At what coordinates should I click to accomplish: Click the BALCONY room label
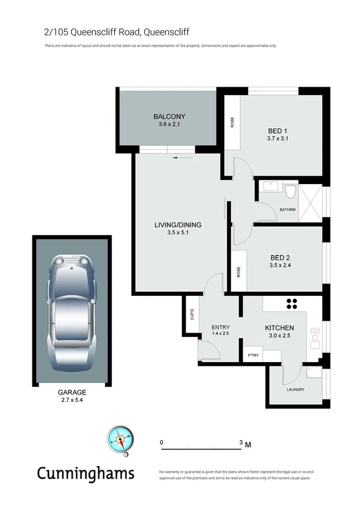pyautogui.click(x=169, y=117)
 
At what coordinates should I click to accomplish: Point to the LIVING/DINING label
pyautogui.click(x=178, y=225)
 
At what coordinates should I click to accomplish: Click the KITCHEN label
pyautogui.click(x=278, y=328)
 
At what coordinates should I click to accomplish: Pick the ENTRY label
pyautogui.click(x=221, y=327)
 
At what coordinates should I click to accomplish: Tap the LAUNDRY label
pyautogui.click(x=295, y=389)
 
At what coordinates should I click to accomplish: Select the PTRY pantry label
pyautogui.click(x=253, y=356)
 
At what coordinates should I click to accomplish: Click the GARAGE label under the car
pyautogui.click(x=72, y=392)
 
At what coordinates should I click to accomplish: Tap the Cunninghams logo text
pyautogui.click(x=85, y=473)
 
